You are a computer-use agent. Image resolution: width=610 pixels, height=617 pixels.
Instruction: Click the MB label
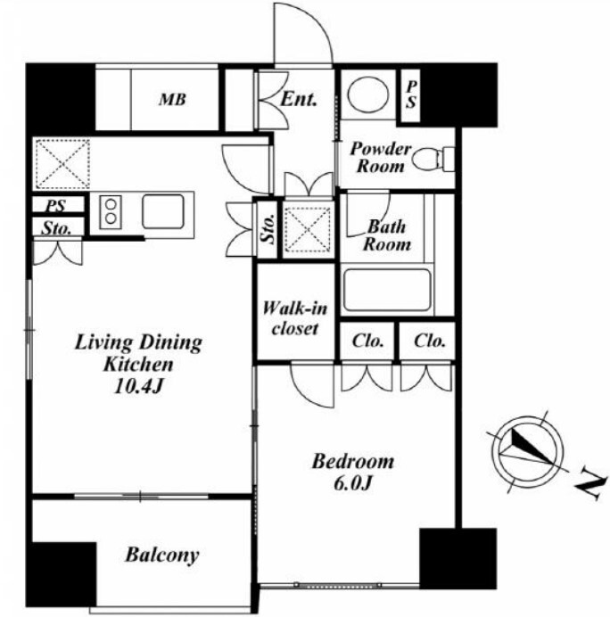point(172,100)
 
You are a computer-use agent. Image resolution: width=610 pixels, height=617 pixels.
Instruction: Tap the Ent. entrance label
point(298,99)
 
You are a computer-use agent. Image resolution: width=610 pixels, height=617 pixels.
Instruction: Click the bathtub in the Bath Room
point(386,290)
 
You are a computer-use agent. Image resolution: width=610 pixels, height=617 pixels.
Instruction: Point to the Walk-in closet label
point(295,318)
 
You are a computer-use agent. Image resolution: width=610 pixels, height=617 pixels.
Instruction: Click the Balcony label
point(162,555)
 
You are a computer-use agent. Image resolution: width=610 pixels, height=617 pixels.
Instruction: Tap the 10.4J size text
point(138,386)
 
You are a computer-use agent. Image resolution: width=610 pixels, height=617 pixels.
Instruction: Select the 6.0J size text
point(352,483)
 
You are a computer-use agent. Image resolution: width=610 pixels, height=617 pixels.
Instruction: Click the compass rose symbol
point(526,452)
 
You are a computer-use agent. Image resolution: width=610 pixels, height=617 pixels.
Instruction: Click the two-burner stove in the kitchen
point(111,211)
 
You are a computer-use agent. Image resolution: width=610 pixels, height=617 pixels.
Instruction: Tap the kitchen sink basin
point(163,211)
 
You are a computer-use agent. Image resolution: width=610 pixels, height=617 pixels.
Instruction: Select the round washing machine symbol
point(368,95)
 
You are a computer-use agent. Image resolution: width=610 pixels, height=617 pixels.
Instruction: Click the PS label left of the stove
point(56,206)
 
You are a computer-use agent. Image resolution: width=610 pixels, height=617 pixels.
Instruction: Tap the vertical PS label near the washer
point(411,95)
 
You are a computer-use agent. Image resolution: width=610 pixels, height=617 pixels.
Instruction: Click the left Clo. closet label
point(368,341)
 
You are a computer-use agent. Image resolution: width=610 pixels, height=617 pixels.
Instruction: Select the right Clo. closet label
point(430,341)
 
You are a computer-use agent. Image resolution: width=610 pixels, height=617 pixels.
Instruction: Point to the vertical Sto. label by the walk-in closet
point(268,229)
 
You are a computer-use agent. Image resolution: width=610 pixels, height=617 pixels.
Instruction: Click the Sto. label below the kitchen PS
point(57,228)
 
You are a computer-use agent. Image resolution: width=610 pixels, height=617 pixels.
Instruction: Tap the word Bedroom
point(352,462)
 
